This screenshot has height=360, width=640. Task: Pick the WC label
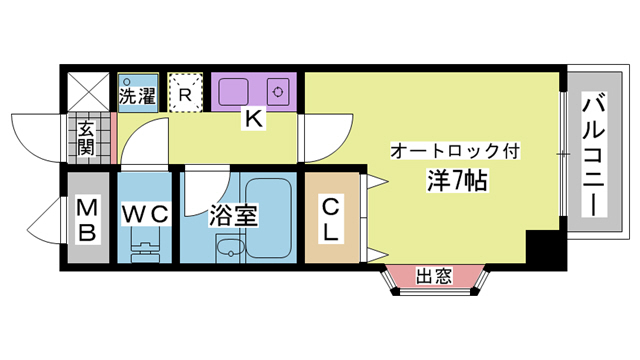(x=147, y=214)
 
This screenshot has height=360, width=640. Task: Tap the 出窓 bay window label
(x=434, y=275)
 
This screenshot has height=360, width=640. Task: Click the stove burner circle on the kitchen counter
(x=277, y=90)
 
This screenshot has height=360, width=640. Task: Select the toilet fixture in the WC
(x=146, y=244)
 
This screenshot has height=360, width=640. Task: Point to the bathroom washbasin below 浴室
(x=233, y=250)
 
